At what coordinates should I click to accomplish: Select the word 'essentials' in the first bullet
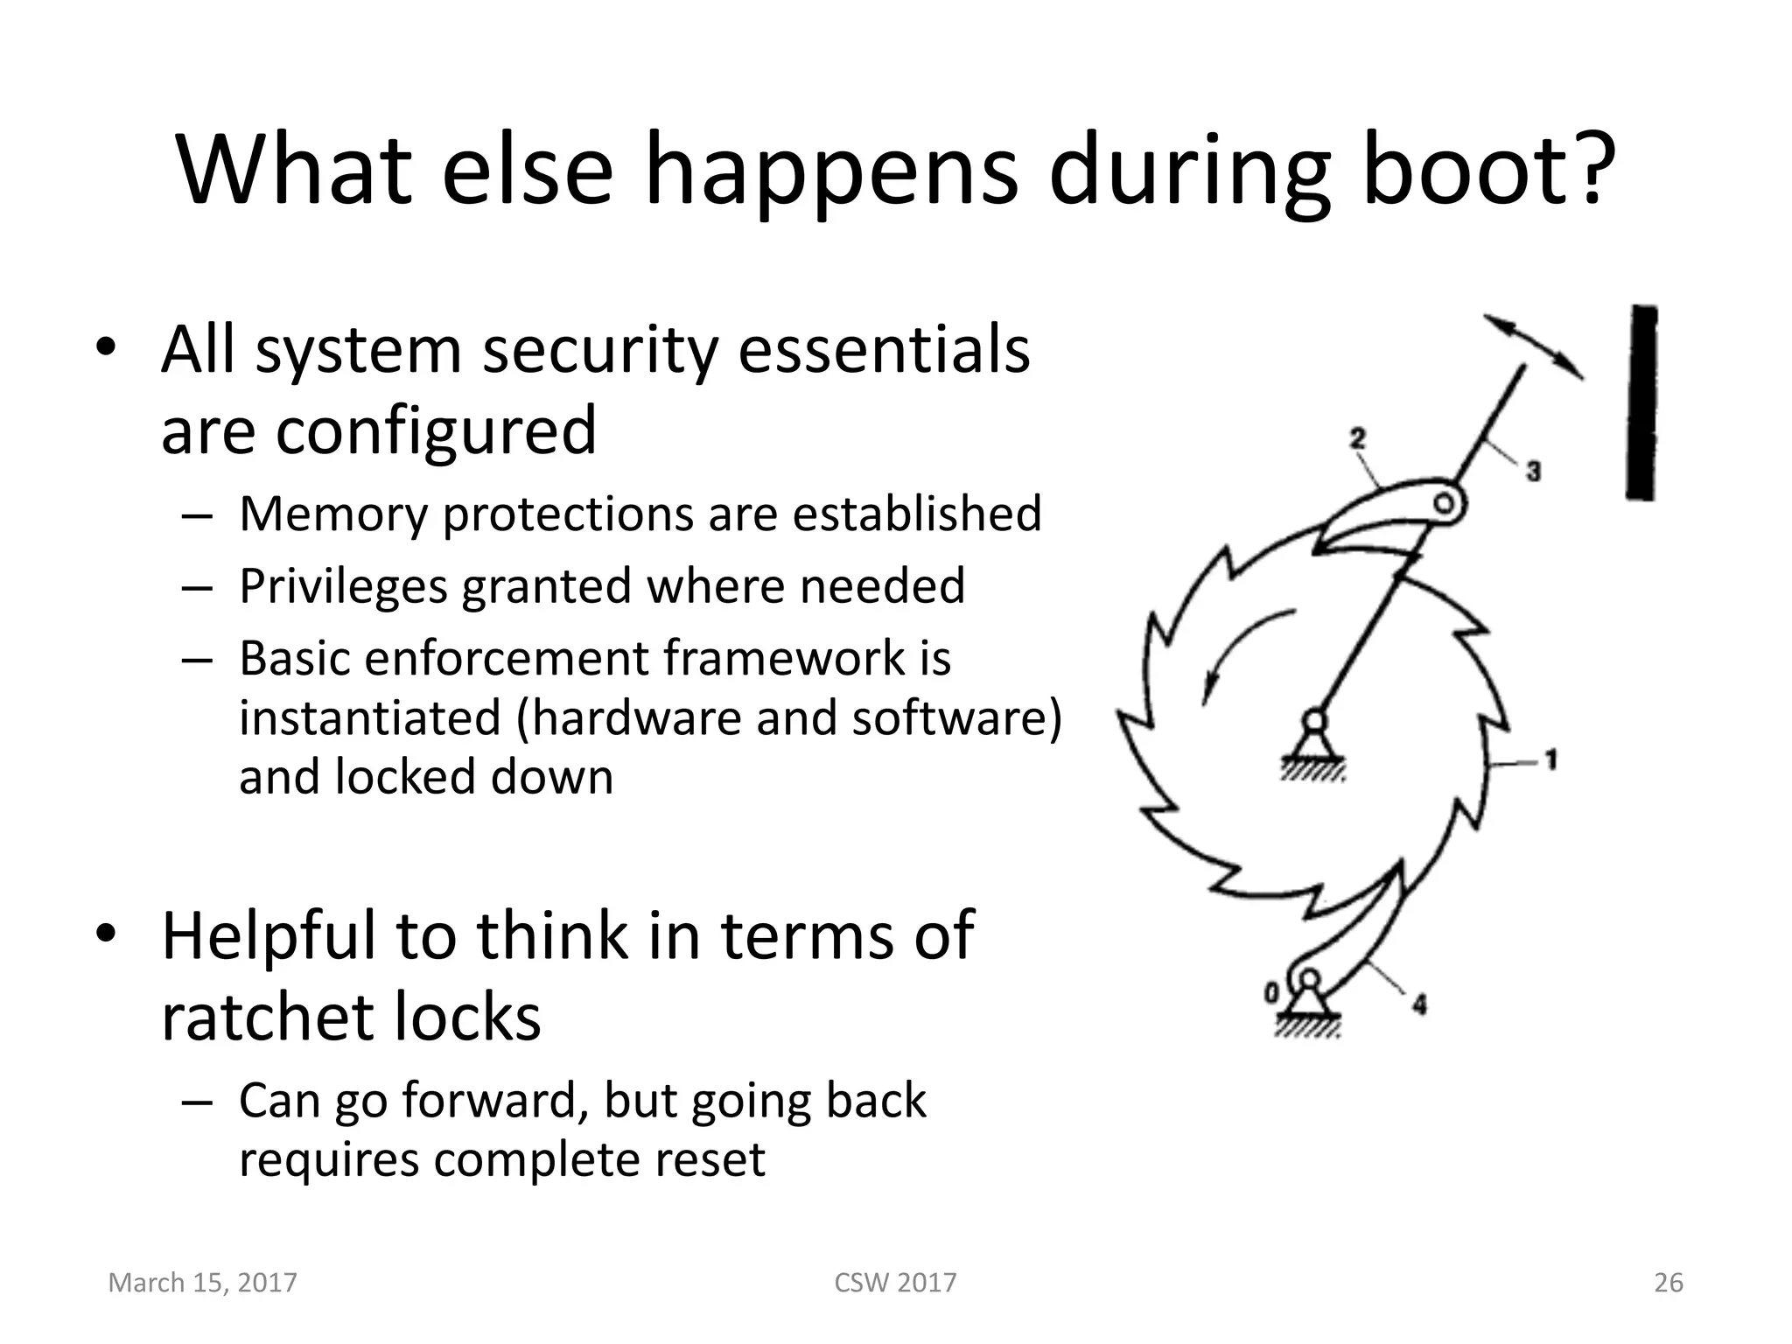click(x=884, y=349)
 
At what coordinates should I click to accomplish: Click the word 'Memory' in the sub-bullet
click(x=333, y=514)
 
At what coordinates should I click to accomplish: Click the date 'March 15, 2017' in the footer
click(x=202, y=1283)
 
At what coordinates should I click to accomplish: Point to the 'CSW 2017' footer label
click(x=895, y=1283)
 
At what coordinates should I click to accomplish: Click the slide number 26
click(x=1668, y=1283)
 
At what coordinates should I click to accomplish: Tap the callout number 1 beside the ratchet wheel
click(x=1550, y=759)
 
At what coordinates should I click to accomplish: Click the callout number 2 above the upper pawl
click(x=1357, y=437)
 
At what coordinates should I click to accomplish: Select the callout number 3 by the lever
click(x=1533, y=472)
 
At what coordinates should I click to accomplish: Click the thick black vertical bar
click(x=1642, y=402)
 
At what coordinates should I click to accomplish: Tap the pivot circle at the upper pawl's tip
click(x=1445, y=503)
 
